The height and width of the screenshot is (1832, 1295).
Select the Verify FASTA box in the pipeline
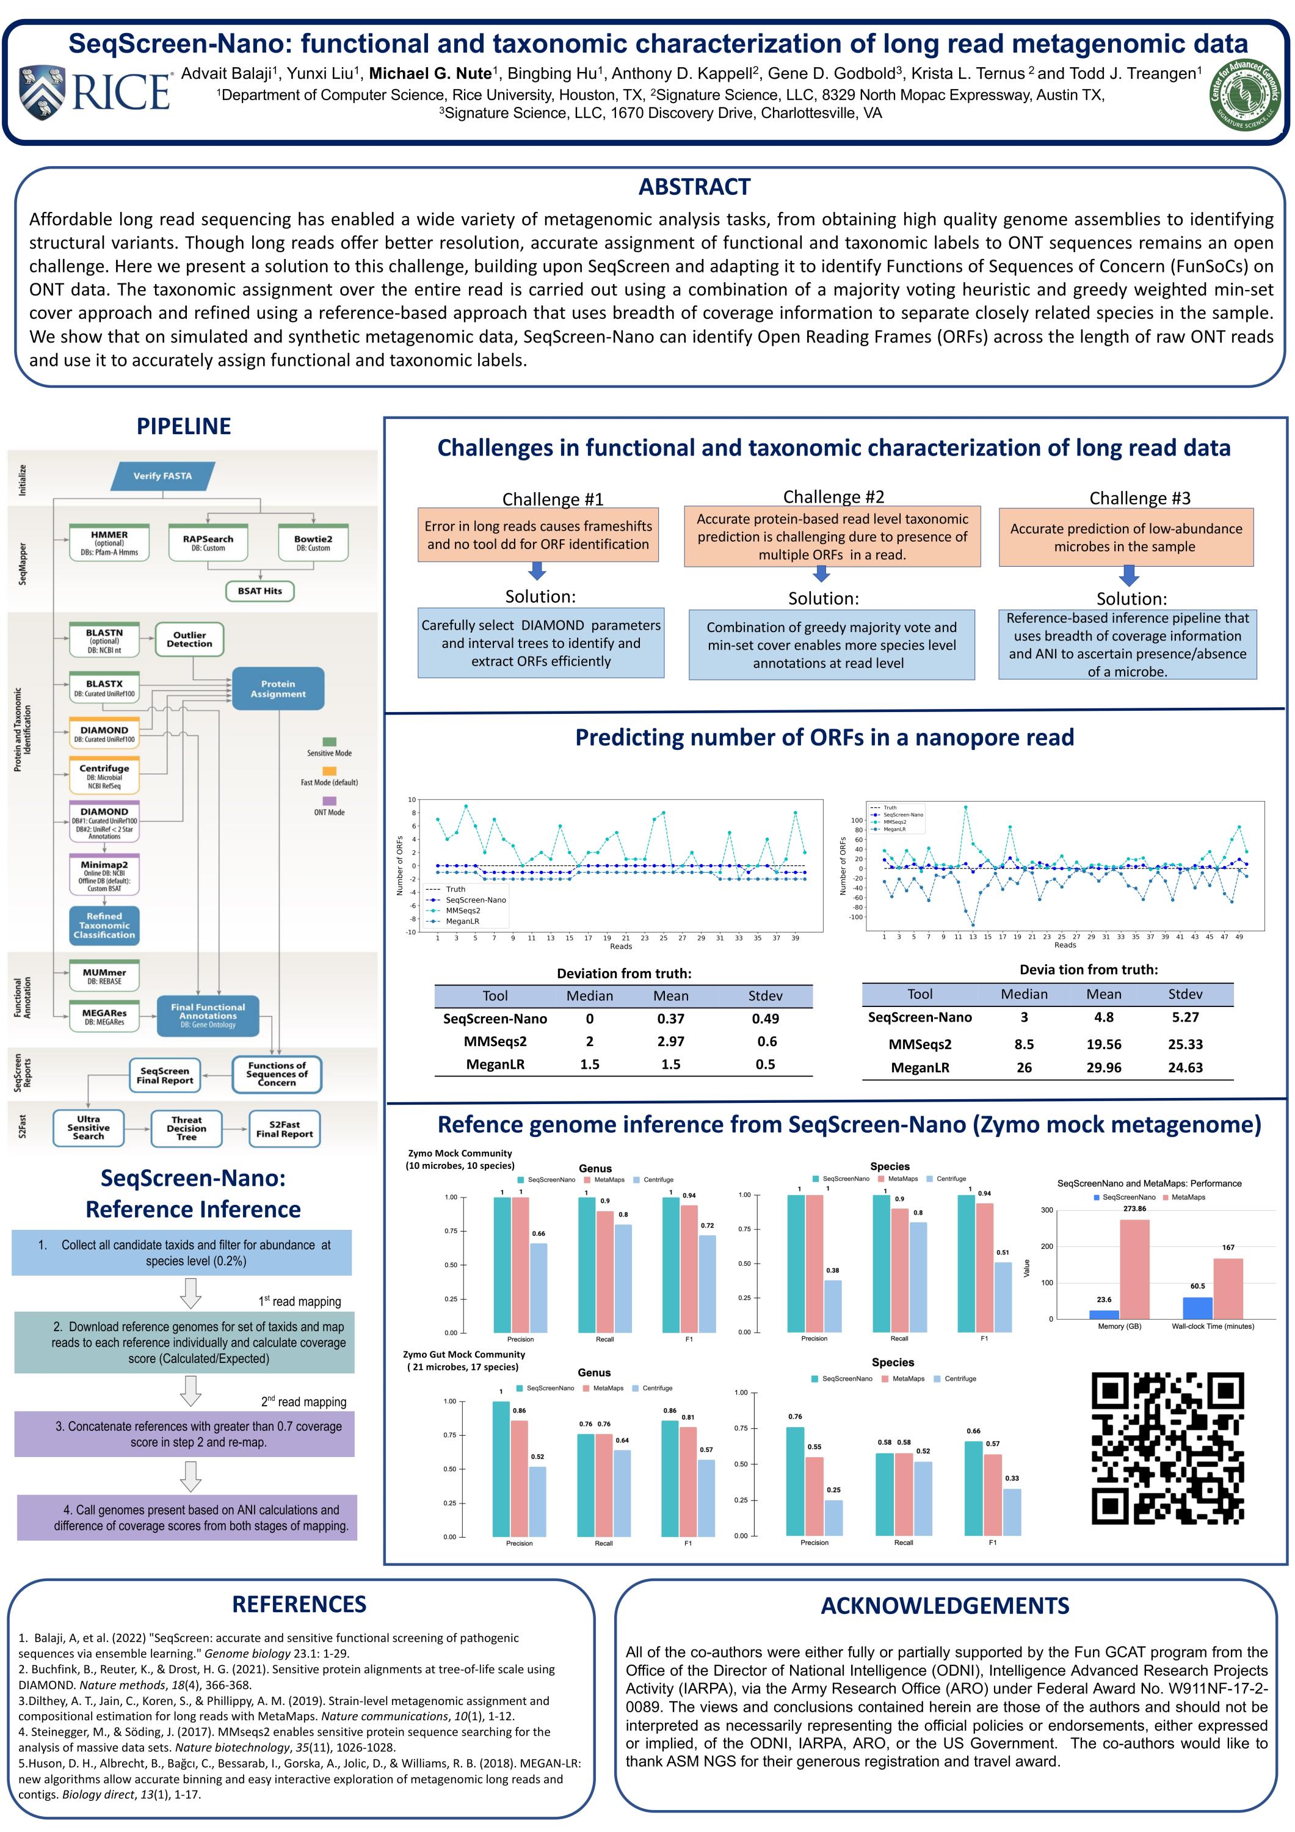pos(163,476)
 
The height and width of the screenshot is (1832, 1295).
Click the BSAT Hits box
pos(260,591)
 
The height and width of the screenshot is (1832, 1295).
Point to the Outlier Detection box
pos(189,639)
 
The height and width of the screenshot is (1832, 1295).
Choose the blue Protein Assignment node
pos(278,689)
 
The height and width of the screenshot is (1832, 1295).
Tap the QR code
pos(1167,1447)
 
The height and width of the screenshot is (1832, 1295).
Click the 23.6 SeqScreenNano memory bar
pos(1105,1314)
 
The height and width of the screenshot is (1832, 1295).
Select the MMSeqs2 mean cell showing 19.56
pos(1103,1044)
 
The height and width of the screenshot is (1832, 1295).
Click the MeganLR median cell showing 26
pos(1024,1067)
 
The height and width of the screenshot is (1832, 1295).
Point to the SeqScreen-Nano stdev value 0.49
pos(764,1019)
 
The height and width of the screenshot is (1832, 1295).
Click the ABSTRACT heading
pos(694,187)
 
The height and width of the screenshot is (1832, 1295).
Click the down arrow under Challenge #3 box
pos(1128,575)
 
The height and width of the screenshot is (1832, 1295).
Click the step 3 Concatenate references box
pos(184,1434)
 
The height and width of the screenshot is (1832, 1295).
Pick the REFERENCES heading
pos(299,1604)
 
